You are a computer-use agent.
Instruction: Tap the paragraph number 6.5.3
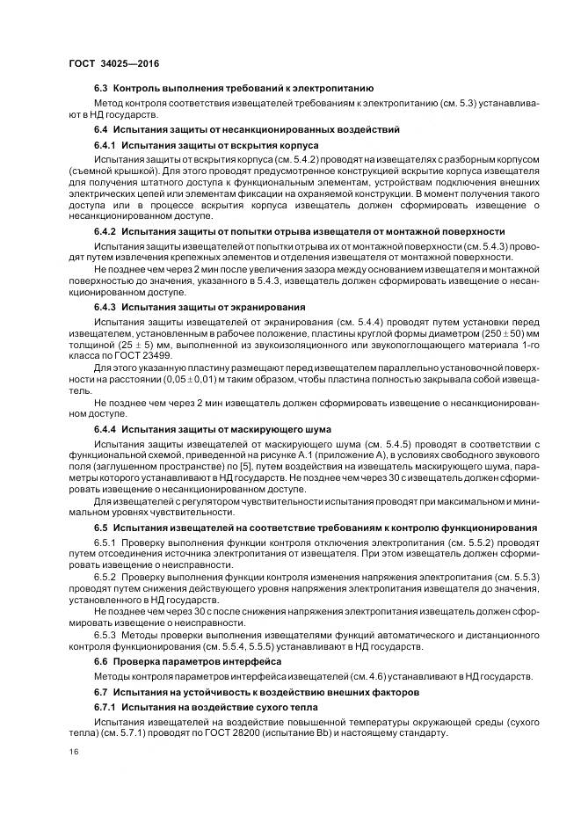pos(105,634)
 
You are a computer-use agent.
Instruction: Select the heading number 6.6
pos(101,660)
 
